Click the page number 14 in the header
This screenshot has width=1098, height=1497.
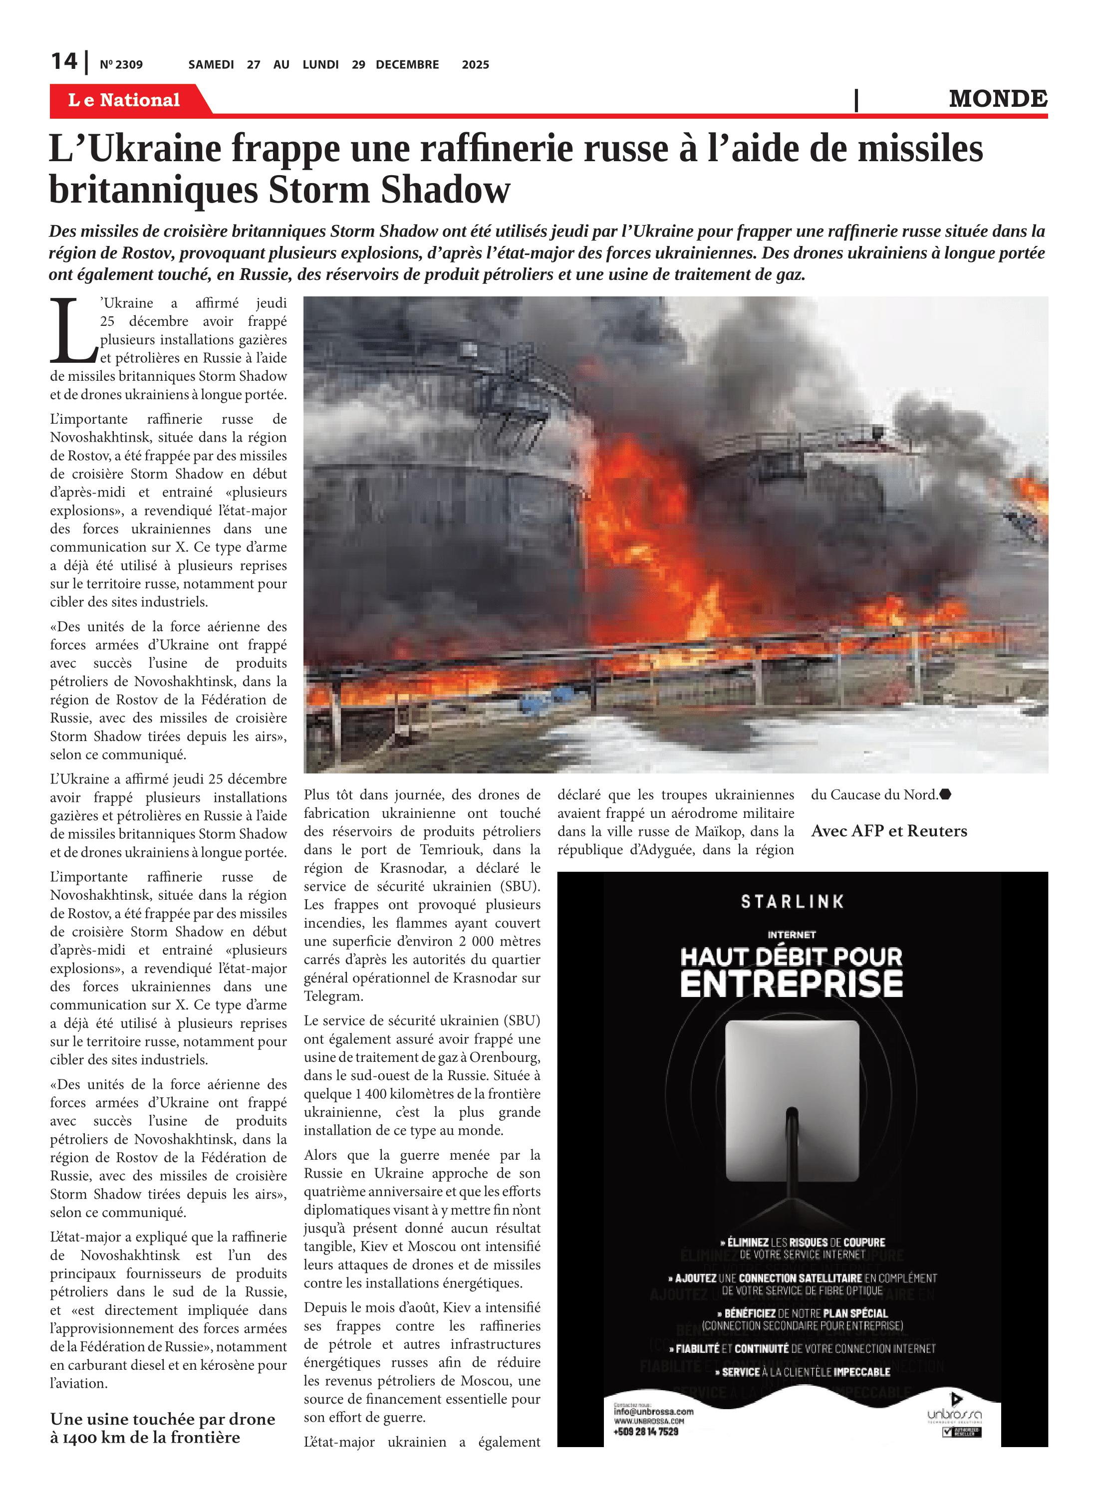click(64, 62)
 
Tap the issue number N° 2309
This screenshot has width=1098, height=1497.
click(121, 64)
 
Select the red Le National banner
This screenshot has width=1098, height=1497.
click(125, 100)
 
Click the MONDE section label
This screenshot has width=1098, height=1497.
click(997, 99)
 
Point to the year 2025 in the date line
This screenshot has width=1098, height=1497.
click(475, 64)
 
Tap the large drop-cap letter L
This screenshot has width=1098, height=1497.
click(72, 330)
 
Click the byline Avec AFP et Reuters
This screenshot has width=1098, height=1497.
click(889, 830)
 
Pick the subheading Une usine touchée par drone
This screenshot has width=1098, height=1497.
click(162, 1419)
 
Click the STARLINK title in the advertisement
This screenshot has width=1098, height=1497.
click(792, 902)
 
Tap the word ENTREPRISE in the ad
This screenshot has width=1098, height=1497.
click(791, 984)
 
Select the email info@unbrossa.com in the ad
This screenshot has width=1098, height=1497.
click(653, 1411)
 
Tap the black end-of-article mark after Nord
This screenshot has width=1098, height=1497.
click(945, 794)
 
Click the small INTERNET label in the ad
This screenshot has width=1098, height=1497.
click(791, 934)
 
